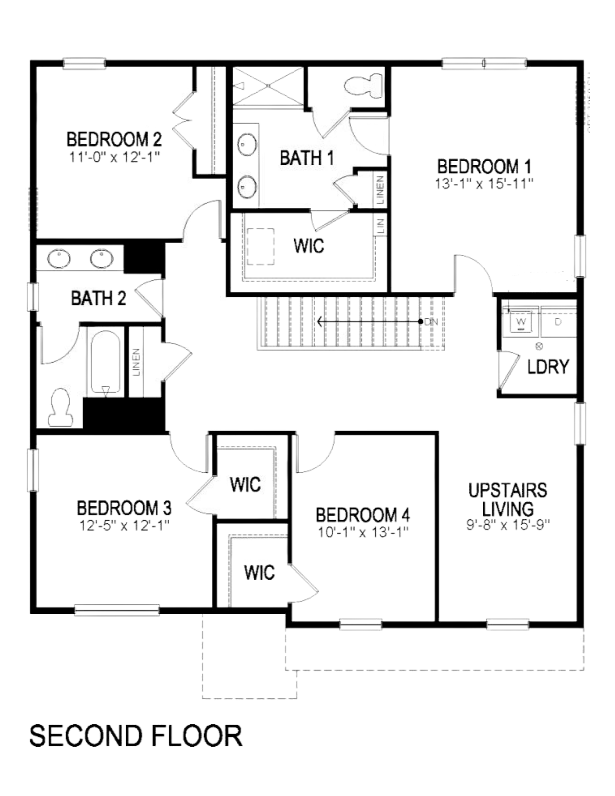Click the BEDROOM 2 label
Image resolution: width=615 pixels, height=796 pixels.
pyautogui.click(x=114, y=140)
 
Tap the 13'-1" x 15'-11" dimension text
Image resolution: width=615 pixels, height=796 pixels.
pyautogui.click(x=484, y=184)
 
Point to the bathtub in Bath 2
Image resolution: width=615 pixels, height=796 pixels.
pyautogui.click(x=105, y=362)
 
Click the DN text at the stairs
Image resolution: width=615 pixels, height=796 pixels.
pyautogui.click(x=431, y=322)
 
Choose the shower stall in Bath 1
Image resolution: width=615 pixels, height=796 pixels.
pyautogui.click(x=268, y=86)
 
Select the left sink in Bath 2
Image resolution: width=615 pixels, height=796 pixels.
pyautogui.click(x=59, y=259)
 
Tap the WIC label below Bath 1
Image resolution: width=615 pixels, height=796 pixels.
pyautogui.click(x=309, y=246)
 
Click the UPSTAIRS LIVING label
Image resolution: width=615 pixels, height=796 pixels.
pyautogui.click(x=508, y=499)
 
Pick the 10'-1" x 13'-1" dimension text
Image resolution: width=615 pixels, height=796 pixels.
pyautogui.click(x=363, y=532)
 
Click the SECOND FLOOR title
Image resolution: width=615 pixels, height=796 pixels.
pyautogui.click(x=135, y=736)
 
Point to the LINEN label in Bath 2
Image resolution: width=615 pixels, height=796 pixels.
pyautogui.click(x=137, y=362)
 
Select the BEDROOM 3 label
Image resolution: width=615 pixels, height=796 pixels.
pyautogui.click(x=124, y=508)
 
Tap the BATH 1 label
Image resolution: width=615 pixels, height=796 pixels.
pyautogui.click(x=307, y=158)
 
